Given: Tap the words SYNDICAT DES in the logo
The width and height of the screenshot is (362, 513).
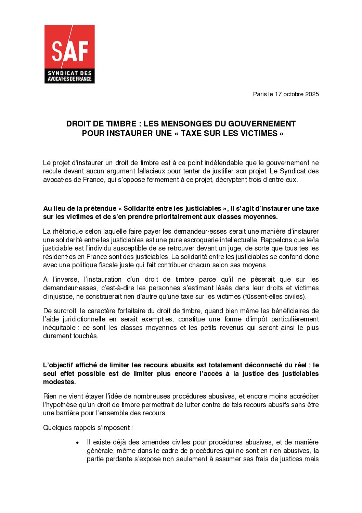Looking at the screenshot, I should pos(70,73).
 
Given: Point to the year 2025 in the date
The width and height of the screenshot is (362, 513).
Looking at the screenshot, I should pos(312,94).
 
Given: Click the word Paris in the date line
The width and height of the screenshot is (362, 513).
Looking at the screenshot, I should pos(260,94).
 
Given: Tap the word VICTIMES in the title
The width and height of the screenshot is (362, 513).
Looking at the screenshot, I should pos(260,133).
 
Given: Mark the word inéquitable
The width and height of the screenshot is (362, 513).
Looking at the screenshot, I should pos(59,328).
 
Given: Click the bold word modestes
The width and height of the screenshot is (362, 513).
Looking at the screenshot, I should pos(59,382).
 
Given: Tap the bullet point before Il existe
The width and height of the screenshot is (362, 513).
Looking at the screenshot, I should pos(78,443).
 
